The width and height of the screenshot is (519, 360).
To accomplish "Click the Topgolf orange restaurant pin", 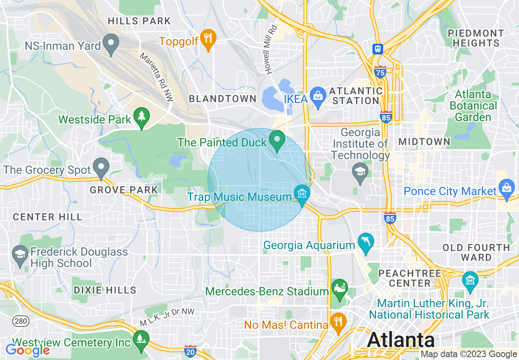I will (209, 38).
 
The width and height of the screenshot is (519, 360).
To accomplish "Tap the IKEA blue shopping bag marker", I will (318, 96).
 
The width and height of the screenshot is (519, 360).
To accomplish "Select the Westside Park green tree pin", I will (142, 116).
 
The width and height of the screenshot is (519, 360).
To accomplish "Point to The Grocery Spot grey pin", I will (101, 166).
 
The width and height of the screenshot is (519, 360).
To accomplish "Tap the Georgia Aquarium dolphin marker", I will (366, 242).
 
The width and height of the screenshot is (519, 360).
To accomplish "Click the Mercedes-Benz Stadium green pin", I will (339, 288).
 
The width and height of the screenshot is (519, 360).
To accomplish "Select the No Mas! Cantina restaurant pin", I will (338, 322).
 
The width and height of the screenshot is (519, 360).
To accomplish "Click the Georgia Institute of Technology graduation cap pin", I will (360, 172).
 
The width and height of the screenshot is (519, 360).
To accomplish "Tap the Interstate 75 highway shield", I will (380, 72).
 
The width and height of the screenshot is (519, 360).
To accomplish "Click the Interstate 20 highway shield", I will (190, 351).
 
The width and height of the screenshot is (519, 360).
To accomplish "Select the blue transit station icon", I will (377, 49).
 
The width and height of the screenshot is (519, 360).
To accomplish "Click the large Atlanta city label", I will (401, 340).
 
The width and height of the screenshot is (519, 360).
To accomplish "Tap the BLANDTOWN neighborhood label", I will (222, 99).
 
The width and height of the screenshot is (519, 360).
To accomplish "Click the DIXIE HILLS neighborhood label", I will (105, 290).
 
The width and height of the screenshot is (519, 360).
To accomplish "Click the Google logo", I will (27, 350).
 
